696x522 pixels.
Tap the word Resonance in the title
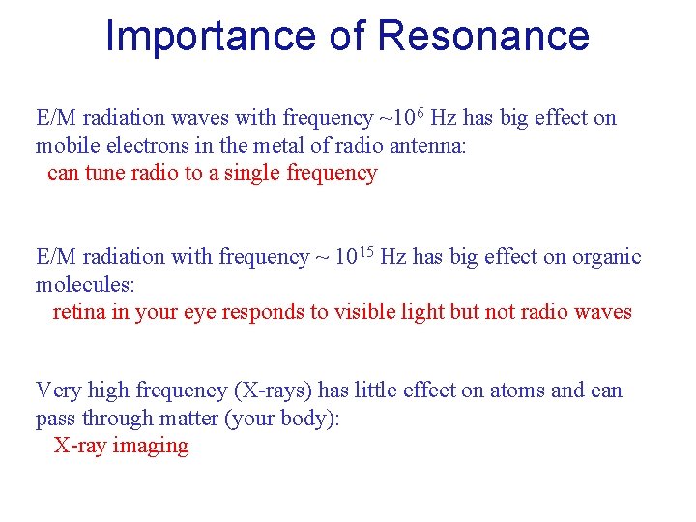[x=483, y=36]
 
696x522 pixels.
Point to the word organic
[x=606, y=257]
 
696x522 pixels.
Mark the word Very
[x=58, y=391]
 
